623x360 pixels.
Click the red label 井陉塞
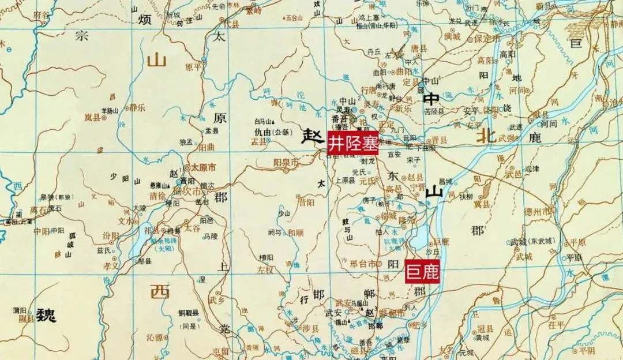coord(354,142)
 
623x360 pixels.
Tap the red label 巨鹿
coord(422,272)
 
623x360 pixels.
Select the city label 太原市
coord(202,167)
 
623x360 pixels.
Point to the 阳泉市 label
coord(286,163)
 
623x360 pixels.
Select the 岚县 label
coord(93,117)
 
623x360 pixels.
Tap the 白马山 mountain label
coord(264,121)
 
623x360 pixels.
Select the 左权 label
coord(265,269)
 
